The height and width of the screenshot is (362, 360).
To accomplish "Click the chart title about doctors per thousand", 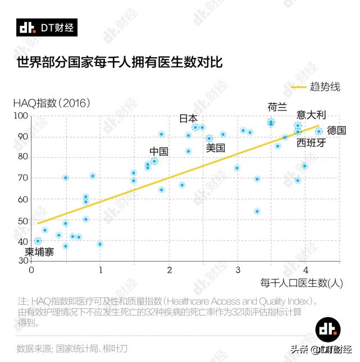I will (x=119, y=61).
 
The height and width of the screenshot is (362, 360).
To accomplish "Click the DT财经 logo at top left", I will (x=46, y=27).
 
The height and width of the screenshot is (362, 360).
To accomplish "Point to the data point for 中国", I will (x=154, y=161).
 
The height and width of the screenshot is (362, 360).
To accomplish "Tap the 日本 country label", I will (x=188, y=118).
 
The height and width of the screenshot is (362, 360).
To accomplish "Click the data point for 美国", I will (x=209, y=138).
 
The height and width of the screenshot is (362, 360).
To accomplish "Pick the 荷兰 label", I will (x=277, y=107).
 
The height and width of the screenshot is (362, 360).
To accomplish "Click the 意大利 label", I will (x=312, y=114).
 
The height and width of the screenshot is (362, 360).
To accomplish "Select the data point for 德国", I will (x=319, y=131).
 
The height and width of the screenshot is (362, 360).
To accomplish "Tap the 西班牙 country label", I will (x=311, y=143).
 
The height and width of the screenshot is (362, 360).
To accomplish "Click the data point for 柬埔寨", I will (x=38, y=241).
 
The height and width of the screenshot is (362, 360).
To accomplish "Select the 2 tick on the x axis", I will (x=170, y=269).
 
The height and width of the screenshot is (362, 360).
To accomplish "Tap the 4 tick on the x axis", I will (x=306, y=269).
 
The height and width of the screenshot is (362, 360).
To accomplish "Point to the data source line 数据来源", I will (x=72, y=349).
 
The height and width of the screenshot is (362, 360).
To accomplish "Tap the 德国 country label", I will (x=336, y=130).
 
